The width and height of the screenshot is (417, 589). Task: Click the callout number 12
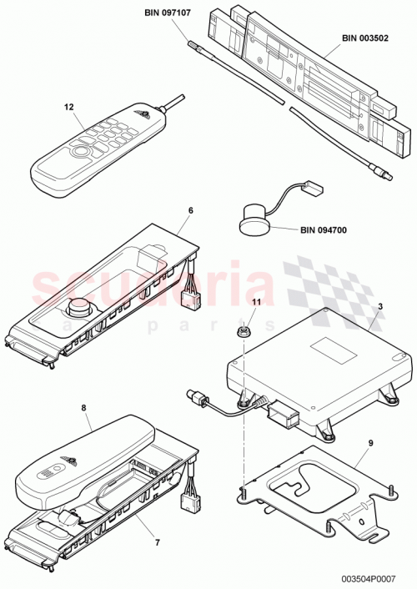coord(69,107)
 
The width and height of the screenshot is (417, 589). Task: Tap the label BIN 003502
coord(369,38)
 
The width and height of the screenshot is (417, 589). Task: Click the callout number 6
coord(190,211)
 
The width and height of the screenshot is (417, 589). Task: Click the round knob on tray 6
coord(81,307)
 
